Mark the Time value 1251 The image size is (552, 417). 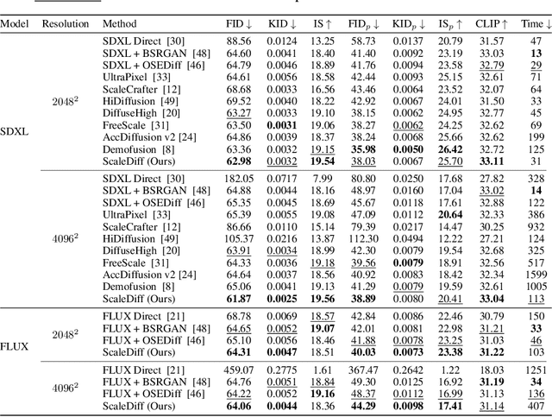point(535,370)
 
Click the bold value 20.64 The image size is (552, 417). point(450,213)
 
